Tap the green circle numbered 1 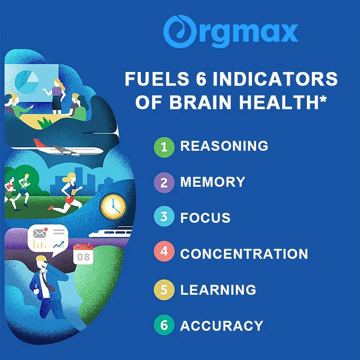coord(164,147)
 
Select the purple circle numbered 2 coord(164,183)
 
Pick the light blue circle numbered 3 coord(164,216)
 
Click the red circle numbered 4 coord(164,252)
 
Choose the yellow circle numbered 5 coord(164,290)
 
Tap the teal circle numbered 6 coord(164,325)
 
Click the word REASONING coord(224,146)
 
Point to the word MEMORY coord(213,182)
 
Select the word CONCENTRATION coord(244,254)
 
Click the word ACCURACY coord(222,326)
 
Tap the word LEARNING coord(218,290)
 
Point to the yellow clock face coord(113,206)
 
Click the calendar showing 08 coord(83,254)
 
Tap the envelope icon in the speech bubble coord(40,234)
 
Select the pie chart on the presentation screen coord(27,82)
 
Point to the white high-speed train coord(111,233)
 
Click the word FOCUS coord(205,218)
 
